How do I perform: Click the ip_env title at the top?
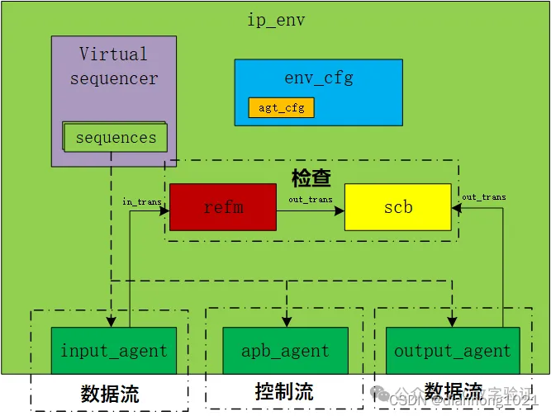pos(276,20)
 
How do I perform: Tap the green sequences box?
pos(116,138)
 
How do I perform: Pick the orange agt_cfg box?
pos(281,108)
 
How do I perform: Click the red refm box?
pos(223,207)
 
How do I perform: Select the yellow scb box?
pos(397,207)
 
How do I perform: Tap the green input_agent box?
pos(113,351)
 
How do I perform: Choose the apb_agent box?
pos(285,351)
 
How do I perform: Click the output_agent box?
pos(452,351)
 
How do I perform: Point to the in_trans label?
pos(141,201)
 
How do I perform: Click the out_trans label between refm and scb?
pos(311,200)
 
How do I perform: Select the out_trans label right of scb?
pos(483,197)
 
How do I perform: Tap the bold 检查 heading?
pos(311,178)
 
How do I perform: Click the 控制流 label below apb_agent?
pos(284,391)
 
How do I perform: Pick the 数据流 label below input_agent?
pos(110,394)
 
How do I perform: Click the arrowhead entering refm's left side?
pos(165,209)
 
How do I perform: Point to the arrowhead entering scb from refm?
pos(340,209)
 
